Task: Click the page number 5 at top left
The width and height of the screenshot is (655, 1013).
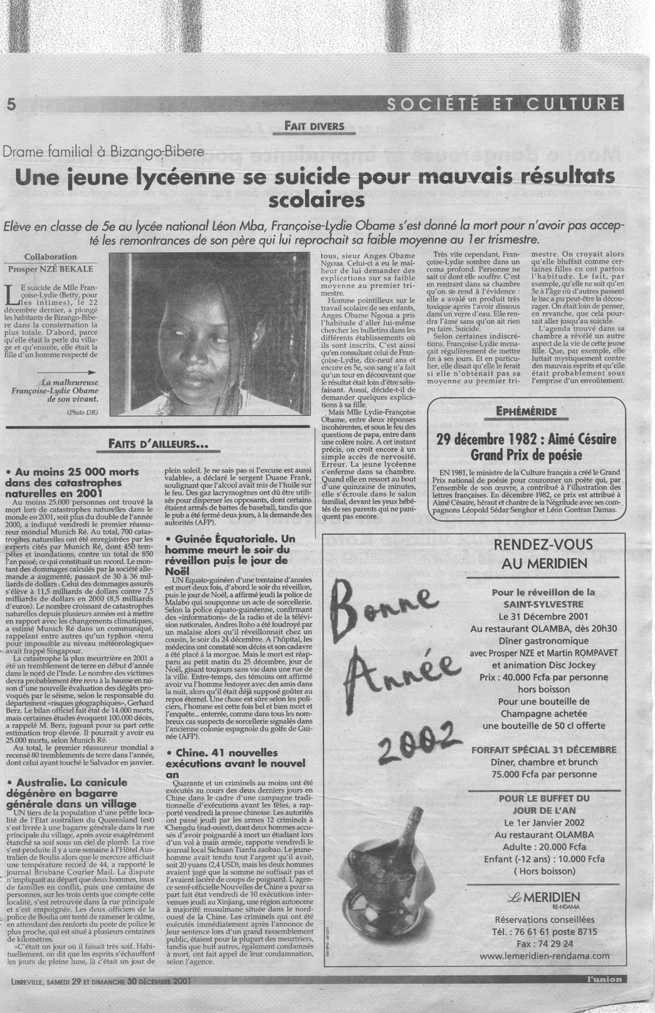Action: (x=11, y=104)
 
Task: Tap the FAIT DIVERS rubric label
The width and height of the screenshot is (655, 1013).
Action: (x=313, y=126)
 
